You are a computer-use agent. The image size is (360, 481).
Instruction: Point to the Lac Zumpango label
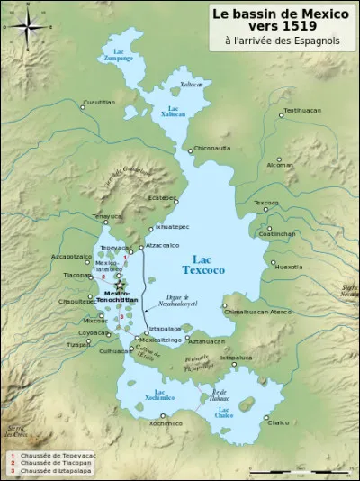click(x=119, y=56)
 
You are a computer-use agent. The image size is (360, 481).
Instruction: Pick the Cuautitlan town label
click(x=100, y=102)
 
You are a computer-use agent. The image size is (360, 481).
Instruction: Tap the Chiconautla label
click(x=212, y=148)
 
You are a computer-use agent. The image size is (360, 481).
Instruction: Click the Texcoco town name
click(x=266, y=203)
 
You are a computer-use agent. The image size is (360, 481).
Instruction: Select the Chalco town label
click(x=279, y=422)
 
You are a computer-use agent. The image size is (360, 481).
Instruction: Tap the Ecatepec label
click(x=162, y=197)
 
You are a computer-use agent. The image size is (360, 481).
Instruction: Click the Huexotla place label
click(x=289, y=267)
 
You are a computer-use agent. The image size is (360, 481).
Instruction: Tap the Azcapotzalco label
click(x=71, y=256)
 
